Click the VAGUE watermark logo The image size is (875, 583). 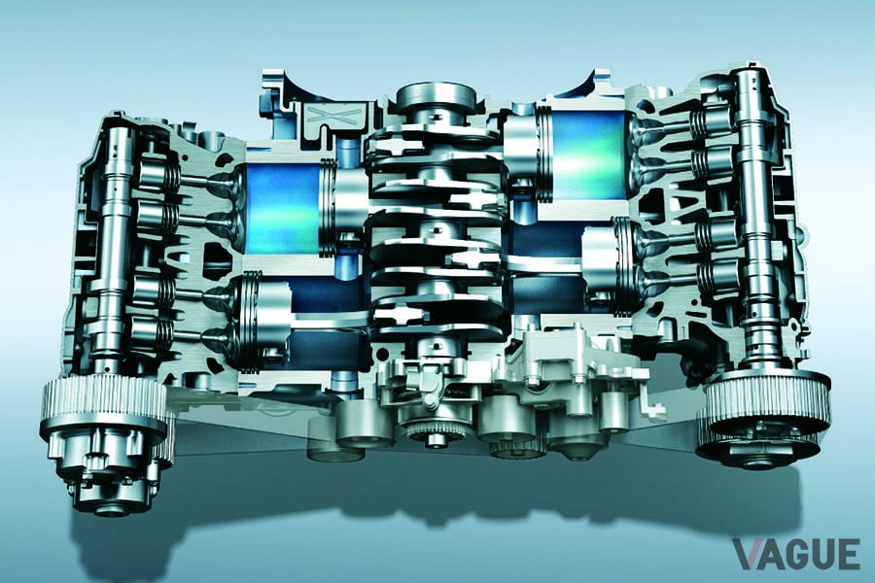click(x=796, y=554)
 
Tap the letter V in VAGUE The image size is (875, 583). click(x=749, y=554)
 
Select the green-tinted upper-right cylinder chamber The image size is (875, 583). click(x=589, y=154)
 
